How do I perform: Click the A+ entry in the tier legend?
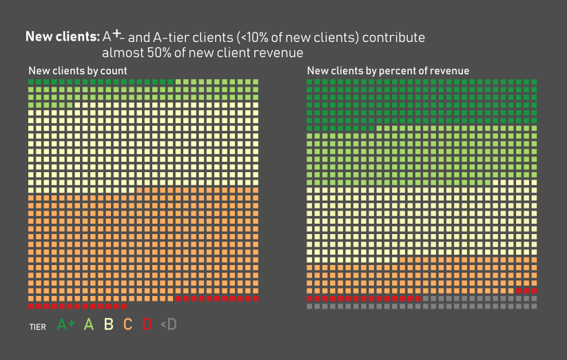coord(66,325)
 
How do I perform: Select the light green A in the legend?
coord(88,325)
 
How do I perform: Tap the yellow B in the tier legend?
coord(108,325)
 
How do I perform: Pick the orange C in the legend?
coord(127,325)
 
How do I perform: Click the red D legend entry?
coord(147,325)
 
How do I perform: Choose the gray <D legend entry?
coord(168,325)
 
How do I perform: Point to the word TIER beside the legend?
coord(37,327)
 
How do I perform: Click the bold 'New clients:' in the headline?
coord(62,36)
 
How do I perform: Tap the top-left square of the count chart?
coord(32,82)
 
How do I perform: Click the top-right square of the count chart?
coord(256,82)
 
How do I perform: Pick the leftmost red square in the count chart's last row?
coord(32,306)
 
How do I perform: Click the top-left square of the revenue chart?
coord(310,82)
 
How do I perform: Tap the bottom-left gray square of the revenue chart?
coord(310,306)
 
